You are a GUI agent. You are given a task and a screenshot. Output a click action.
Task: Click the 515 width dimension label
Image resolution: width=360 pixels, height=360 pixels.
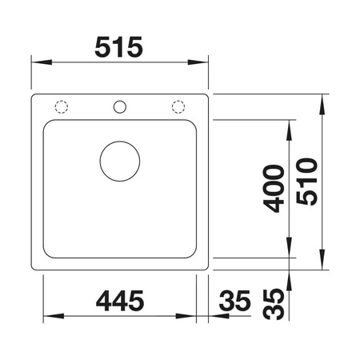[119, 47]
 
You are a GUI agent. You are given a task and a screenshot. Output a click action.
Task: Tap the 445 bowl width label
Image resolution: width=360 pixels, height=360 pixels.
[120, 301]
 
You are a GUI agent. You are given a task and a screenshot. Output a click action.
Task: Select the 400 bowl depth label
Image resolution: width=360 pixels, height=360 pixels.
[274, 189]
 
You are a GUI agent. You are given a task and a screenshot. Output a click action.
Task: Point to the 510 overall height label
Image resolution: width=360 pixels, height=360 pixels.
[307, 182]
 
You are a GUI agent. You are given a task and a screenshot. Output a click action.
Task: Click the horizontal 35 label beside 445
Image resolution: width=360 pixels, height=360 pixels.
[234, 301]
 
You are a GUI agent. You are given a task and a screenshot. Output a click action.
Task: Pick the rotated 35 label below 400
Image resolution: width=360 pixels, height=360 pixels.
[274, 304]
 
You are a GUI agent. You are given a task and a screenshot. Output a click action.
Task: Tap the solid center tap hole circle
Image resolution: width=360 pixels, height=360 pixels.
[120, 101]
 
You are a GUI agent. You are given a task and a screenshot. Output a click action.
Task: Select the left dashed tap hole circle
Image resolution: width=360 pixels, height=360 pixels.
[62, 101]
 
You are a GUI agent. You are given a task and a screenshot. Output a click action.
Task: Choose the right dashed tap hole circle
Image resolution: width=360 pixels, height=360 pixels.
[178, 101]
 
